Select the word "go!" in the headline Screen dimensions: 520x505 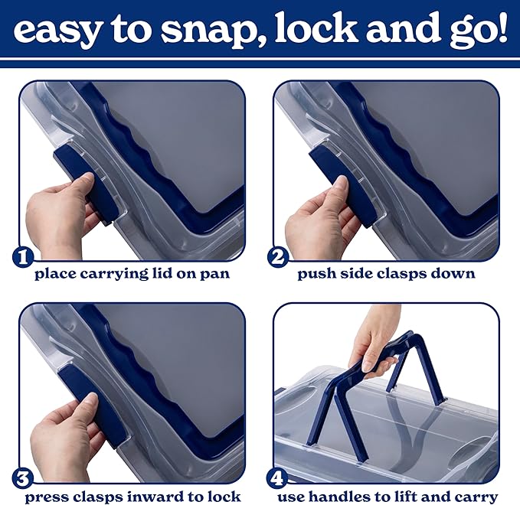(478, 32)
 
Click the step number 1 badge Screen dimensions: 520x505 (23, 257)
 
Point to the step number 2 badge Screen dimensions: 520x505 (277, 257)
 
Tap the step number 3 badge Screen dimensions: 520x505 (22, 479)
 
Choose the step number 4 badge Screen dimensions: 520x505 (277, 479)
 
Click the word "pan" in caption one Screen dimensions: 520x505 (214, 275)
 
